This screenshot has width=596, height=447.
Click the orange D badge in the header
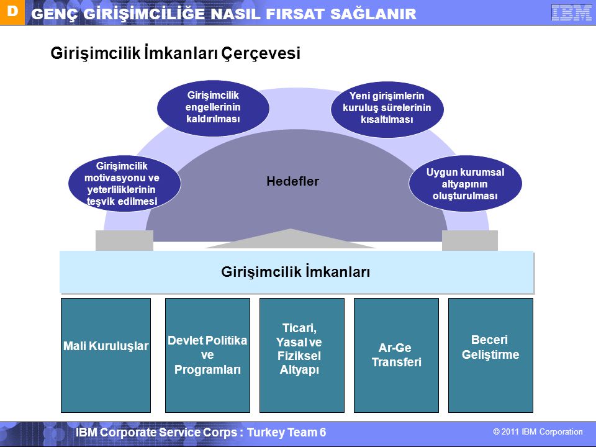(12, 12)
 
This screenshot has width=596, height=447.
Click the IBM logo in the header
(571, 12)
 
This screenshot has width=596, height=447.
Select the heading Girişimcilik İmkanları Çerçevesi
(175, 53)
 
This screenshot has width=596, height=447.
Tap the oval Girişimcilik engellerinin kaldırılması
(213, 108)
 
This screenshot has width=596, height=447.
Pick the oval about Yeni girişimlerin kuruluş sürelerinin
(387, 109)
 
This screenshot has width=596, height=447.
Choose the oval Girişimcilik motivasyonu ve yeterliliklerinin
(124, 184)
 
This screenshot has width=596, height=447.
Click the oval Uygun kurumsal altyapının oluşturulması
(465, 184)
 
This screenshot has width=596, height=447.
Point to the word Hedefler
(292, 181)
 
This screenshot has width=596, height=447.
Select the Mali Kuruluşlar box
(106, 355)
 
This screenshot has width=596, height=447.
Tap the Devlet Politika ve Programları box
(207, 355)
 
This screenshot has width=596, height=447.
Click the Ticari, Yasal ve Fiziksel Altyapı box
(302, 355)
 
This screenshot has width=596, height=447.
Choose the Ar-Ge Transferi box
(396, 355)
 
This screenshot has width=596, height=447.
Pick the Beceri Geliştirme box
(490, 355)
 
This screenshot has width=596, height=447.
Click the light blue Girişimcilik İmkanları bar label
(296, 272)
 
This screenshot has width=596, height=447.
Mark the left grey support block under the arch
(124, 240)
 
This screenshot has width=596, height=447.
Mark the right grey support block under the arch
(470, 240)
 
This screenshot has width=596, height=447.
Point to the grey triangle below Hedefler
(291, 240)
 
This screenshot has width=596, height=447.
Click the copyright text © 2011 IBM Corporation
(538, 432)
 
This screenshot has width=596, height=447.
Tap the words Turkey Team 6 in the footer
(287, 432)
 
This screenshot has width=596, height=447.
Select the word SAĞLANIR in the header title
(373, 14)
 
